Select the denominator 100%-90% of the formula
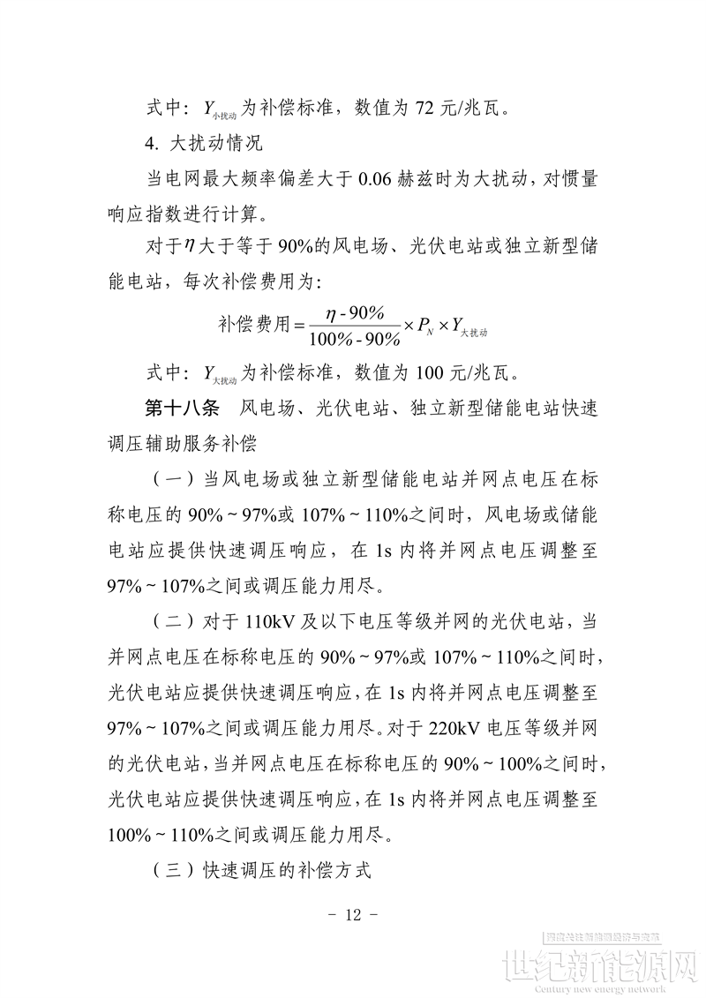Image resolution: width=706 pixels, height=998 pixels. (x=354, y=339)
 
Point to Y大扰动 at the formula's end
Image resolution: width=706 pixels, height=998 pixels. (x=469, y=327)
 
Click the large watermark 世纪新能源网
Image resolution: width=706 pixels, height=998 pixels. (x=600, y=965)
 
